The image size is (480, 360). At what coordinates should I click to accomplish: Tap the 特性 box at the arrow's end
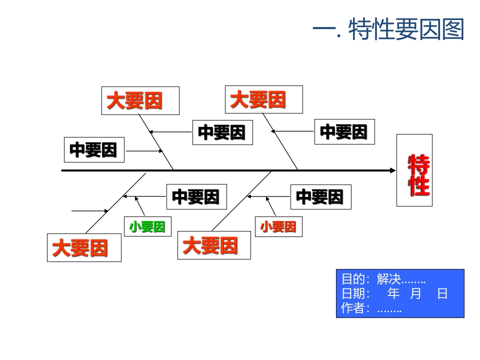tap(414, 170)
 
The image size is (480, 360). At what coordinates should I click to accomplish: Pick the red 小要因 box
tap(278, 226)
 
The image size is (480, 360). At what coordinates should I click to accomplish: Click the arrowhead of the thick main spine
tap(392, 170)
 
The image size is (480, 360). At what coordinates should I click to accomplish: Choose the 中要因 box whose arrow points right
tap(94, 150)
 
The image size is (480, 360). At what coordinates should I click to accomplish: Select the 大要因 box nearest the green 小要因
tap(84, 247)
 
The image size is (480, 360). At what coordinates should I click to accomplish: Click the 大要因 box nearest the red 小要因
tap(214, 245)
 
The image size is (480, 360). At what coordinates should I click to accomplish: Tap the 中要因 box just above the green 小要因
tap(196, 196)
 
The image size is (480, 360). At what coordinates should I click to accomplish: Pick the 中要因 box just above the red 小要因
tap(320, 196)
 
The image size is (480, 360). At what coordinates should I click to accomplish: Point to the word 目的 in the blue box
tap(352, 279)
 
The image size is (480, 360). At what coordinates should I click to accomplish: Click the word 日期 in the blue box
tap(352, 293)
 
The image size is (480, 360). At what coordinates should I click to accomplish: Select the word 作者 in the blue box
tap(352, 308)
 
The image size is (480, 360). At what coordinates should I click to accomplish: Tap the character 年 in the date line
tap(394, 293)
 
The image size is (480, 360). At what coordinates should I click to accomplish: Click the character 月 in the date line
tap(416, 293)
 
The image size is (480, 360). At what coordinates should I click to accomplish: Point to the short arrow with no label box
tap(90, 211)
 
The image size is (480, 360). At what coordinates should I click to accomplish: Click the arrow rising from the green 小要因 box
tap(139, 205)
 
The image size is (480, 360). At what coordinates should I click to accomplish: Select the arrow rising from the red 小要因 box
tap(270, 205)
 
